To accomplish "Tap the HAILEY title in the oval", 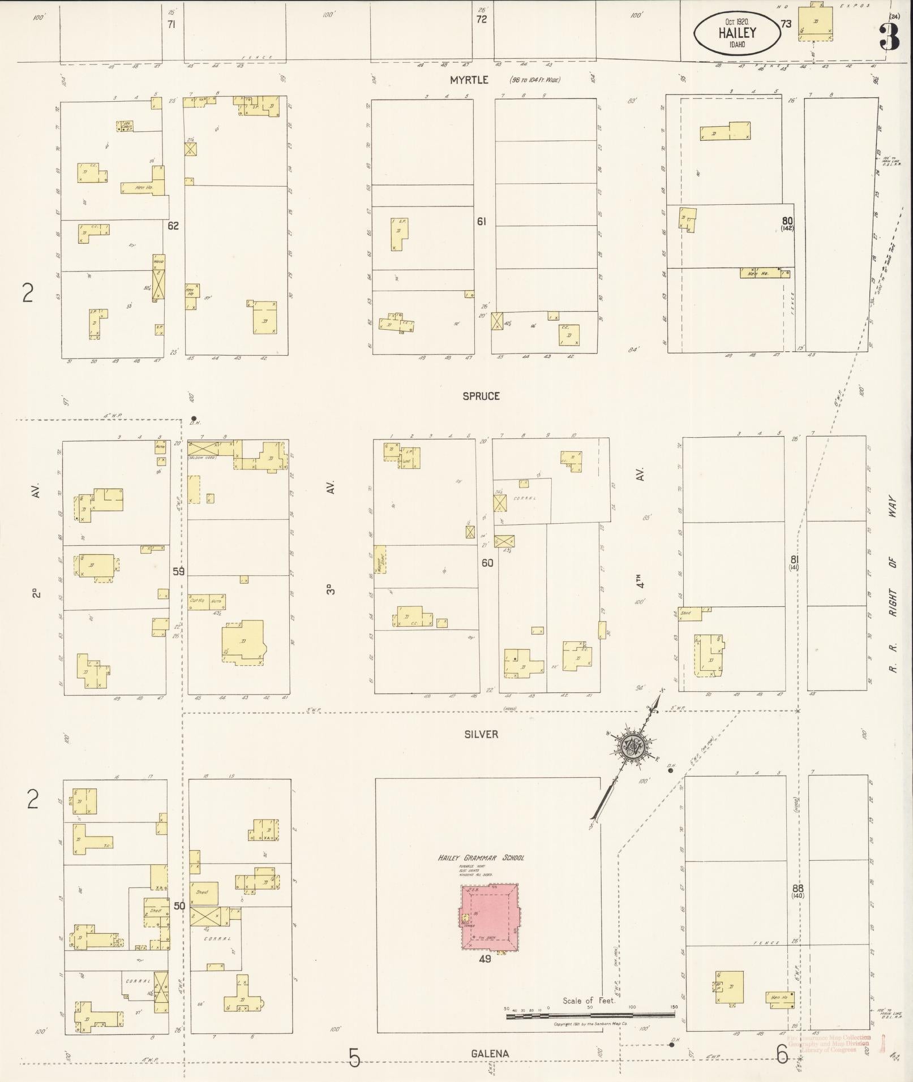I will [x=737, y=33].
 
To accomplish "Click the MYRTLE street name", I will [x=469, y=80].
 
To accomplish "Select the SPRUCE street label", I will [x=481, y=396].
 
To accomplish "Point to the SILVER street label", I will [x=481, y=734].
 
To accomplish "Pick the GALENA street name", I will [x=490, y=1054].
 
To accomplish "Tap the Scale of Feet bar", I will [x=590, y=1015].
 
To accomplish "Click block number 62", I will [x=173, y=226].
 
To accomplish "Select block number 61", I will [x=481, y=222].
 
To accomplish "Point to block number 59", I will [x=179, y=572].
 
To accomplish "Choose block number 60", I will [x=487, y=563].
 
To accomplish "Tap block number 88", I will [x=798, y=889].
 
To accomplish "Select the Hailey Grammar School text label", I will [x=481, y=857].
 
